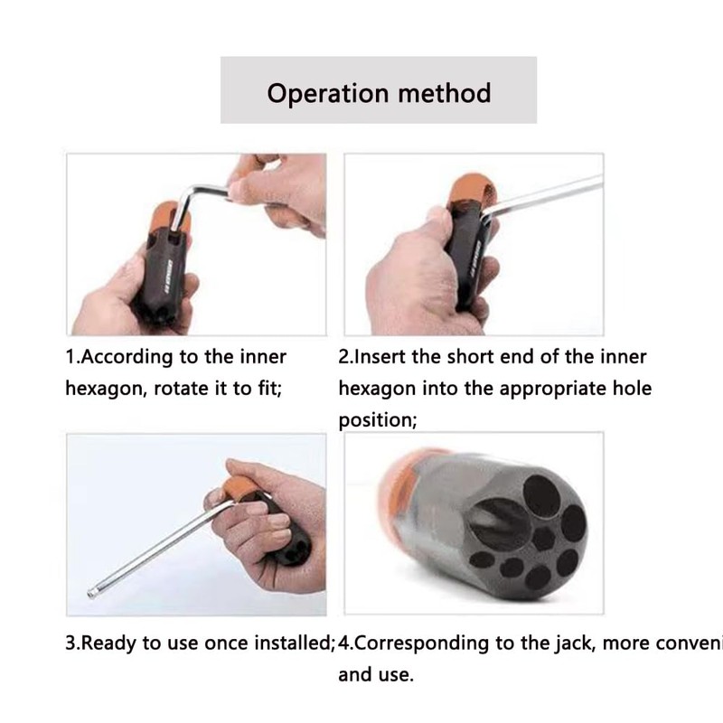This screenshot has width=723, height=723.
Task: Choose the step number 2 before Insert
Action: coord(344,356)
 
